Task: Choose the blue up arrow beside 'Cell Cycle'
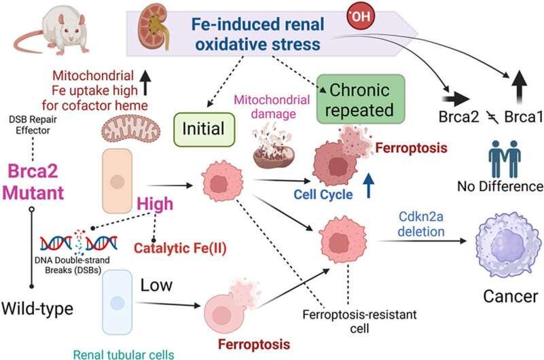(367, 187)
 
